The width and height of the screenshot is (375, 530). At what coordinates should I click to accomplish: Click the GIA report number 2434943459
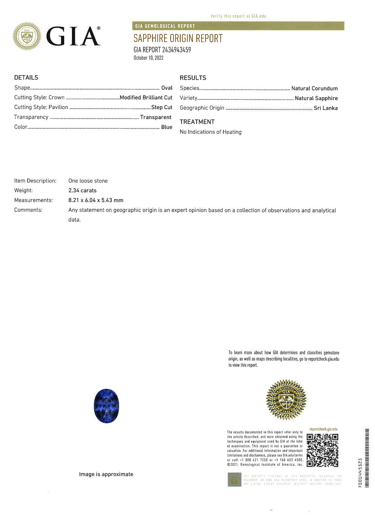point(162,50)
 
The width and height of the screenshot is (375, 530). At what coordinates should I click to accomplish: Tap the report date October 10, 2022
point(148,58)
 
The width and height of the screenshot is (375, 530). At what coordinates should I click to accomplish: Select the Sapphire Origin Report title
point(178,38)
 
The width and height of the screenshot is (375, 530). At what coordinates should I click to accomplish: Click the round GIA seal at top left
point(27,36)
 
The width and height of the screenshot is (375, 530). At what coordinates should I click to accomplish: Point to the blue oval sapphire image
point(106,406)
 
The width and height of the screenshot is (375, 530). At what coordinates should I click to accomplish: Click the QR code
point(322,450)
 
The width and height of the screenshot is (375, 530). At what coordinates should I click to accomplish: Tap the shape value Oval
point(166,88)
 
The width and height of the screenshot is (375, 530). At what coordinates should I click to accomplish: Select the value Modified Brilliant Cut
point(146,97)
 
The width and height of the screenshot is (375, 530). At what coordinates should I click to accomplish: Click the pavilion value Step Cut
point(162,107)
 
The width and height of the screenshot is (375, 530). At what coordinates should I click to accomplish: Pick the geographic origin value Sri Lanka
point(325,108)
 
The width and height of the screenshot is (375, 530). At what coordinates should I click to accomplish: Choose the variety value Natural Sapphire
point(316,98)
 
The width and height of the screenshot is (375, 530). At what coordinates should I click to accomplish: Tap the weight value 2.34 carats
point(82,190)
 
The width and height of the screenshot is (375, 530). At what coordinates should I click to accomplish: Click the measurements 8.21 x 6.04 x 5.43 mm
point(96,200)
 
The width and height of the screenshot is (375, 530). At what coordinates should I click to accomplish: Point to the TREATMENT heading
point(197,122)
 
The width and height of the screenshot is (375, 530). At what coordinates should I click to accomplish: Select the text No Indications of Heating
point(211,132)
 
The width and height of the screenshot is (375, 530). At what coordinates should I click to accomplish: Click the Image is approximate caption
point(106,474)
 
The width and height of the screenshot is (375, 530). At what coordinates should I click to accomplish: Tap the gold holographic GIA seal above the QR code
point(286,399)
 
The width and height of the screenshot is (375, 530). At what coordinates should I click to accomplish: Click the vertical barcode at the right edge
point(367,457)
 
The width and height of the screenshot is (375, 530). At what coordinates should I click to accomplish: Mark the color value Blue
point(166,127)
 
